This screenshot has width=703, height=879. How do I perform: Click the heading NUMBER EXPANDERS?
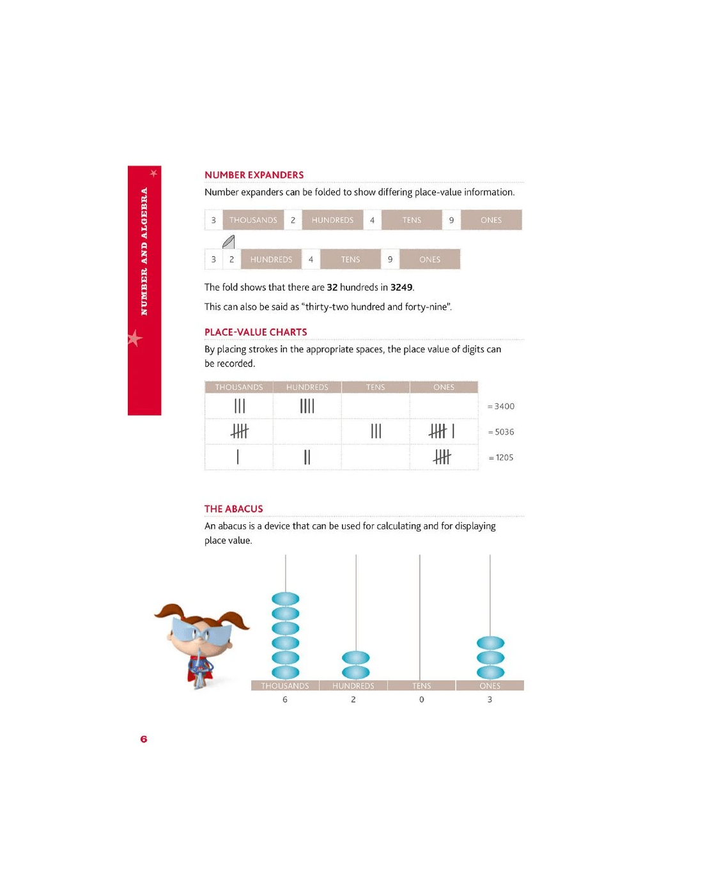coord(254,175)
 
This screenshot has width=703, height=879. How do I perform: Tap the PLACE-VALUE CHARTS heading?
coord(256,332)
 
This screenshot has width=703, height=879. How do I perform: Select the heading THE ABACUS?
coord(233,509)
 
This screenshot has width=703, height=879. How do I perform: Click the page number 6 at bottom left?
coord(144,739)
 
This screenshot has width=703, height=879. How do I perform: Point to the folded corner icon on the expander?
coord(229,242)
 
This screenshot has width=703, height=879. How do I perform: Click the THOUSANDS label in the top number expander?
coord(253,220)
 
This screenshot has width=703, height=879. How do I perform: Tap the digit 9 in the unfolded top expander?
coord(451,220)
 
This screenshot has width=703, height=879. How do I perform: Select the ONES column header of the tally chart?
coord(444,387)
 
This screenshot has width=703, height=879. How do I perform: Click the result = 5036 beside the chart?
coord(501,432)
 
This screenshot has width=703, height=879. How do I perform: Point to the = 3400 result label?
coord(501,407)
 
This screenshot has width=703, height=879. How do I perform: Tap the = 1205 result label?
coord(501,458)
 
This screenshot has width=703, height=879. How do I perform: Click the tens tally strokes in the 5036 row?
coord(376,432)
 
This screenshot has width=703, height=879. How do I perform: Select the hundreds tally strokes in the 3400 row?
coord(307,406)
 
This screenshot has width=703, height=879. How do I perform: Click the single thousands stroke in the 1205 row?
coord(238,457)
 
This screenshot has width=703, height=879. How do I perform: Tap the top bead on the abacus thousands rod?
coord(286,599)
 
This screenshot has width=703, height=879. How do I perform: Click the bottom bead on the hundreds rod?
coord(356,672)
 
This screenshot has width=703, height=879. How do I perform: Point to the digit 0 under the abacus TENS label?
coord(422,699)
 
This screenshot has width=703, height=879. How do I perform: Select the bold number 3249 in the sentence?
coord(401,288)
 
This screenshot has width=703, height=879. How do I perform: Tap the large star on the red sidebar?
coord(134,338)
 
